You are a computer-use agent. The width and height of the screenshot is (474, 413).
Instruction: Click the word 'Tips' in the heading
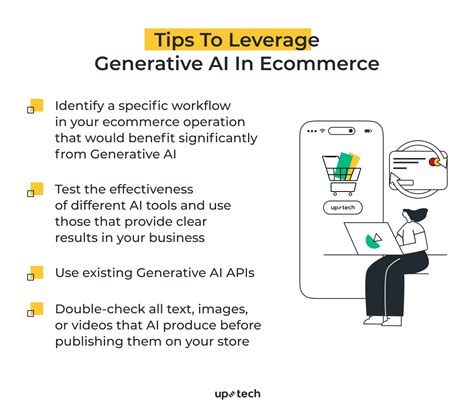click(x=176, y=39)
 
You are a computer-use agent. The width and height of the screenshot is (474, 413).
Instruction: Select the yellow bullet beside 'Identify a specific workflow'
click(x=36, y=105)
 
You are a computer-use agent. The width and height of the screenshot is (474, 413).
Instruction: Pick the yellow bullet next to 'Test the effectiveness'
click(x=36, y=187)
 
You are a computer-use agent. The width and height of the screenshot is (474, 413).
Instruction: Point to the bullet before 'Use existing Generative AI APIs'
click(x=36, y=271)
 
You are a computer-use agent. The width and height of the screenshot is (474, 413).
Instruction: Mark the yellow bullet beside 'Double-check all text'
click(x=36, y=306)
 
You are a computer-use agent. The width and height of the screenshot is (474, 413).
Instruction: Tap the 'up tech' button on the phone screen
click(x=338, y=207)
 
